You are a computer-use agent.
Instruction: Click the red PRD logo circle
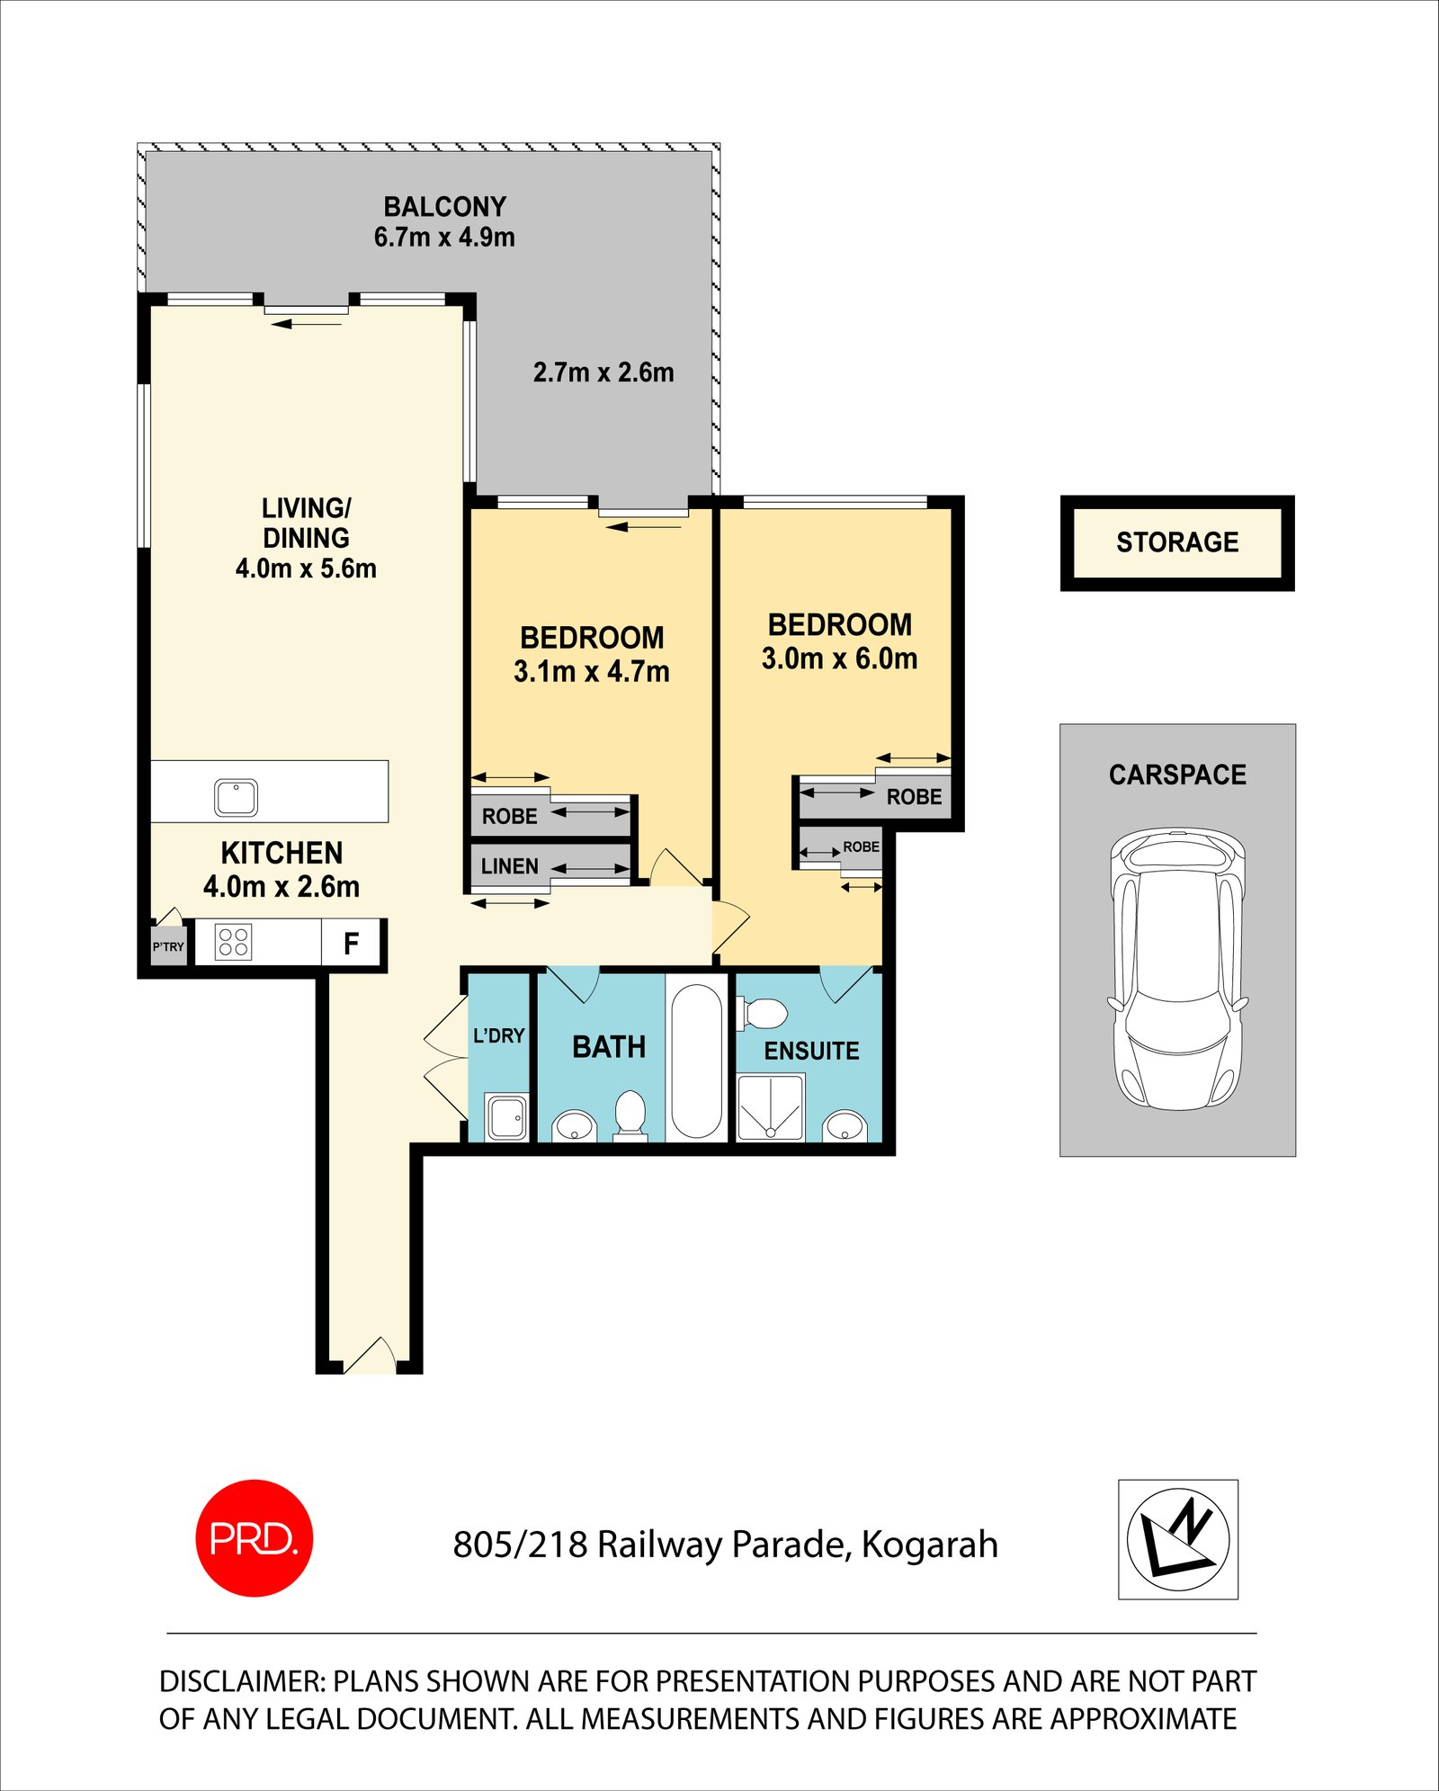point(255,1537)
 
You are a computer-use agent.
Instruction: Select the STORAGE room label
point(1177,542)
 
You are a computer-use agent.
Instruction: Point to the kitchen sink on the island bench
point(237,797)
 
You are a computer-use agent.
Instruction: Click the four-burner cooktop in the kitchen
point(234,942)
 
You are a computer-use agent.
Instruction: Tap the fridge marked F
point(351,943)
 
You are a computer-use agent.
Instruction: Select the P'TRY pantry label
point(168,946)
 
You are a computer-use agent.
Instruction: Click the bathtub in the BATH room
point(696,1061)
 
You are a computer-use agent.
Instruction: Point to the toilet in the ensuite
point(763,1014)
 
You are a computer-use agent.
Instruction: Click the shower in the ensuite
point(771,1107)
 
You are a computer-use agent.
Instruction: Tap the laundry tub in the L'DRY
point(507,1117)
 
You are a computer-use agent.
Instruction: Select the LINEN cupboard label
point(509,866)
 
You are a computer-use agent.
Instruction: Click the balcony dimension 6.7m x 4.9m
point(444,237)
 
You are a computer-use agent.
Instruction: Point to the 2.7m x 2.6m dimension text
point(603,372)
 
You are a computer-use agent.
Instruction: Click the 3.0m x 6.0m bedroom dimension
point(839,658)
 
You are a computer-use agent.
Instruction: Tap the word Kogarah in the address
point(930,1545)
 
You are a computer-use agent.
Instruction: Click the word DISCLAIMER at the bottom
point(241,1681)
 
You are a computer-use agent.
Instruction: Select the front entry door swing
point(370,1356)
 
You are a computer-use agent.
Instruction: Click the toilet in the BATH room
point(630,1115)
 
